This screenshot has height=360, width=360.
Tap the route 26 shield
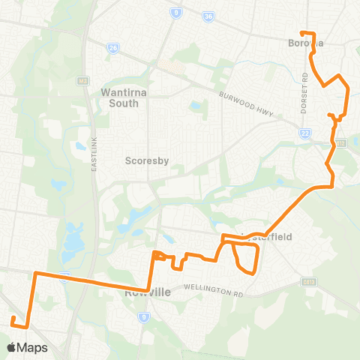pyautogui.click(x=113, y=48)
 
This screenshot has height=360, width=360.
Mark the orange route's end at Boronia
pyautogui.click(x=301, y=33)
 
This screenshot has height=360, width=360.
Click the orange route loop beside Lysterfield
pyautogui.click(x=247, y=258)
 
